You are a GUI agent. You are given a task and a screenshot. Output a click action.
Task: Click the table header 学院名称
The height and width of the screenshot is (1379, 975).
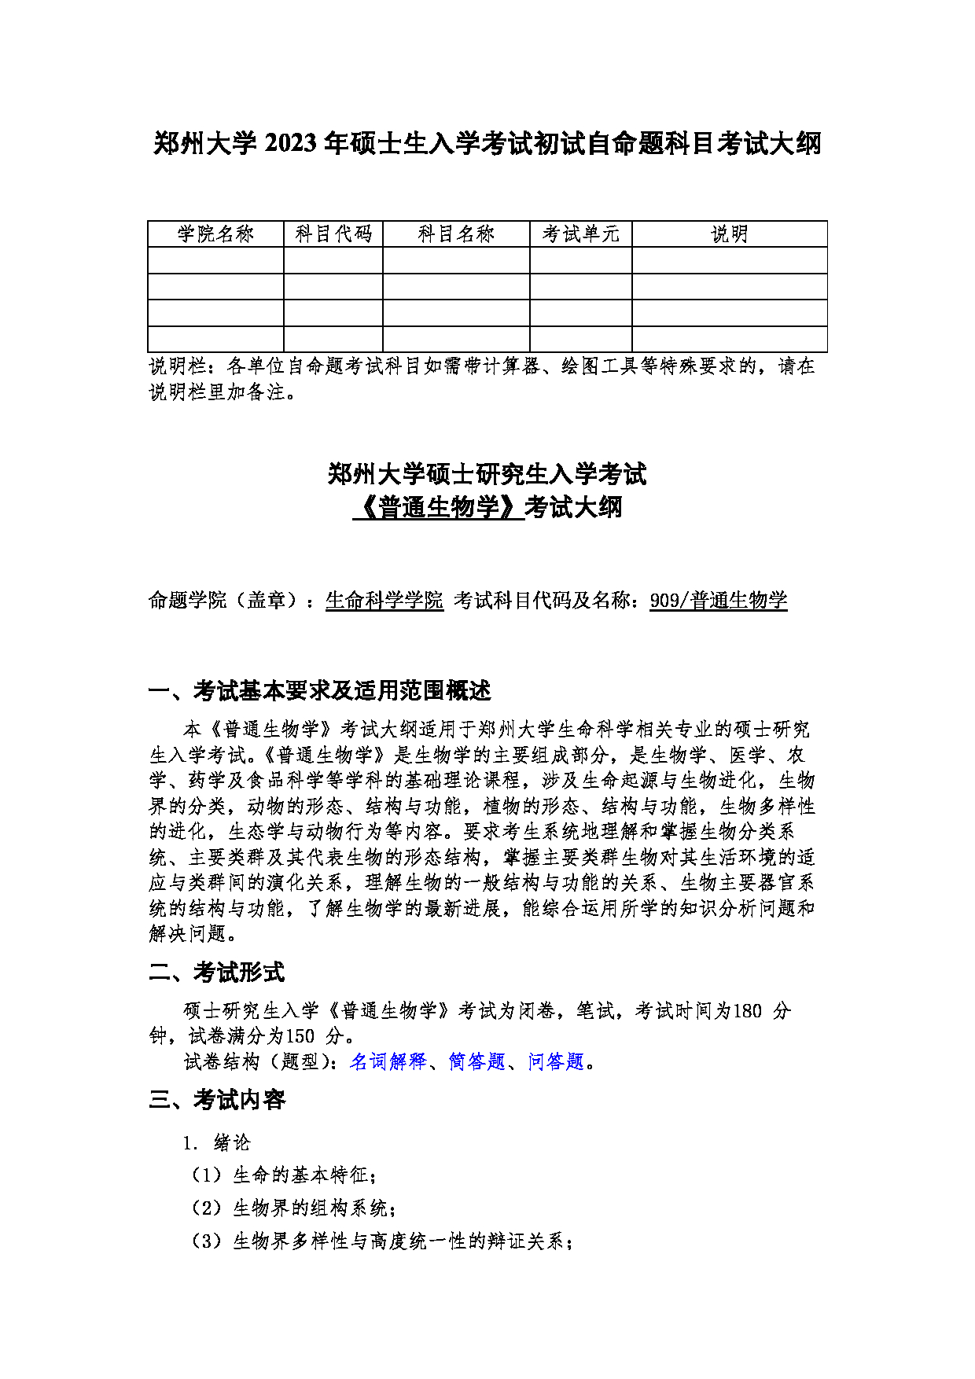coord(215,234)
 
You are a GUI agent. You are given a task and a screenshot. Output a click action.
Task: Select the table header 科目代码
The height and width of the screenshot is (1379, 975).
coord(333,234)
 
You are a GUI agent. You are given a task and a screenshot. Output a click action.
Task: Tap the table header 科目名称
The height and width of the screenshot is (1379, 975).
coord(456,234)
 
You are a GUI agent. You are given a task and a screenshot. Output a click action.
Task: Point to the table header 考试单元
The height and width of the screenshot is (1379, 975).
coord(581,234)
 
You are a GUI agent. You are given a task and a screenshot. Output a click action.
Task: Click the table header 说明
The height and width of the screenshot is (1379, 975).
coord(730,234)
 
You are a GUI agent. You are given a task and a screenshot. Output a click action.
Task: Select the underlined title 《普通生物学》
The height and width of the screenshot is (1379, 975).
coord(438,507)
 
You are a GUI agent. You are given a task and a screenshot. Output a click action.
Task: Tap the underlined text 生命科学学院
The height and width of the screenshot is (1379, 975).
coord(384,601)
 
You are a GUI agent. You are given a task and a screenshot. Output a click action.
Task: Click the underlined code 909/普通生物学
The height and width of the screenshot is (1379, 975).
coord(718,601)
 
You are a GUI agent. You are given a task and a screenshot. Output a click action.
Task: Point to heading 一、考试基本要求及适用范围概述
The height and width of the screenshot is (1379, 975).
coord(320,691)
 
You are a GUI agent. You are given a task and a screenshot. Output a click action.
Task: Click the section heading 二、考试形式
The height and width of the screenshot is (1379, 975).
coord(217,973)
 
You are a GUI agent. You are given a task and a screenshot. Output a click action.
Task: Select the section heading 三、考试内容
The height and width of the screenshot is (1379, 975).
coord(217,1100)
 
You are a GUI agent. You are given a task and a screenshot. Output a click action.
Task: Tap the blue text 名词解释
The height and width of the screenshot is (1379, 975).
coord(388,1061)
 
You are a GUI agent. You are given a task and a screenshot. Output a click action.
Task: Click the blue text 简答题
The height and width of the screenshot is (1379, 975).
coord(476,1061)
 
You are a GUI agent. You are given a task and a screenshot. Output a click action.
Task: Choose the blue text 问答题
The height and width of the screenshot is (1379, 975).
coord(557,1061)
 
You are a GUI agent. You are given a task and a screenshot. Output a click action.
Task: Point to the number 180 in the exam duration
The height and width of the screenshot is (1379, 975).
coord(747,1011)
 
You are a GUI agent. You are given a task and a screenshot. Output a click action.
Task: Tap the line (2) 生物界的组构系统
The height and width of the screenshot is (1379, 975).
coord(292,1208)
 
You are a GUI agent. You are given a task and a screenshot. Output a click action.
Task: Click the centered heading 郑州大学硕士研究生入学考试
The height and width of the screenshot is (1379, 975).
coord(487,474)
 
